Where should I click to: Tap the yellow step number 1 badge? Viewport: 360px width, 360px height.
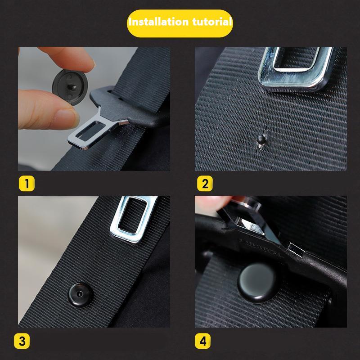click(27, 184)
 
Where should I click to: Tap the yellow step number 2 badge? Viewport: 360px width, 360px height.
click(203, 184)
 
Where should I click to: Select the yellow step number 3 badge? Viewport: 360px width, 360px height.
click(27, 341)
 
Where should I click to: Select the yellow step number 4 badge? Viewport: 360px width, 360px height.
click(203, 341)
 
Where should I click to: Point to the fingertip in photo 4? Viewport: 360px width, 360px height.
click(211, 202)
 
